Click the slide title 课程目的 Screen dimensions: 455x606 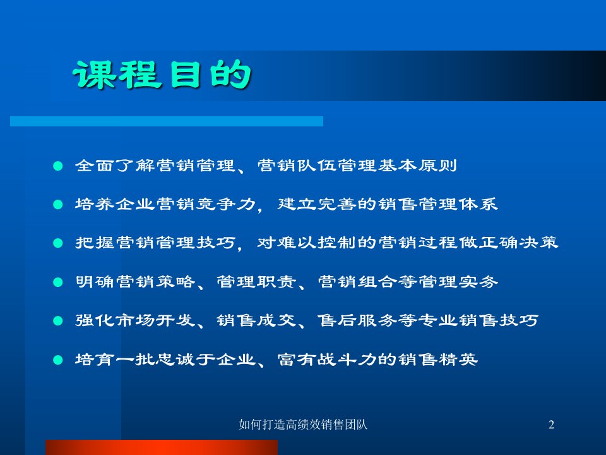tap(162, 76)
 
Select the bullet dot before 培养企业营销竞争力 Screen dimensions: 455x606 tap(58, 205)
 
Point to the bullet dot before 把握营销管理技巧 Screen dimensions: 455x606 tap(58, 244)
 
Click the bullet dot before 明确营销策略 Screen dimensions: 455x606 tap(58, 282)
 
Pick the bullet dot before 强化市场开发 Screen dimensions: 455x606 tap(58, 321)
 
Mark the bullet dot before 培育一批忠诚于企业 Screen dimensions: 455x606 tap(58, 360)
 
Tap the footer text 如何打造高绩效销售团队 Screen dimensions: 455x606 tap(304, 425)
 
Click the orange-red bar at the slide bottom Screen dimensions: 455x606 tap(161, 447)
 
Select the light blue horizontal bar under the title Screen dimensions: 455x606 tap(167, 121)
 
